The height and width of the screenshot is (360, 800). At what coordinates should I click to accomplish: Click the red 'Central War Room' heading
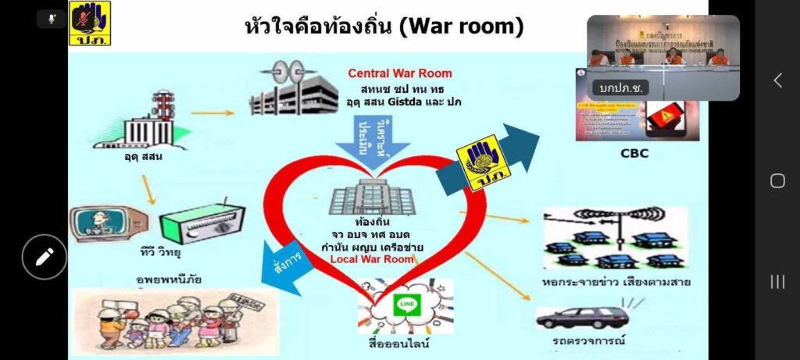400,74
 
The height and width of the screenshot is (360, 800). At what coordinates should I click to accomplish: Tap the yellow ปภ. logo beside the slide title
90,23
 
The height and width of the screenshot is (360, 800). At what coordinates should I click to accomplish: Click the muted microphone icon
51,19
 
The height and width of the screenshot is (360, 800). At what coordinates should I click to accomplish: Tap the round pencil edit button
44,256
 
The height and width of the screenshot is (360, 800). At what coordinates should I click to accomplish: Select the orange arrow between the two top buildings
212,113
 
